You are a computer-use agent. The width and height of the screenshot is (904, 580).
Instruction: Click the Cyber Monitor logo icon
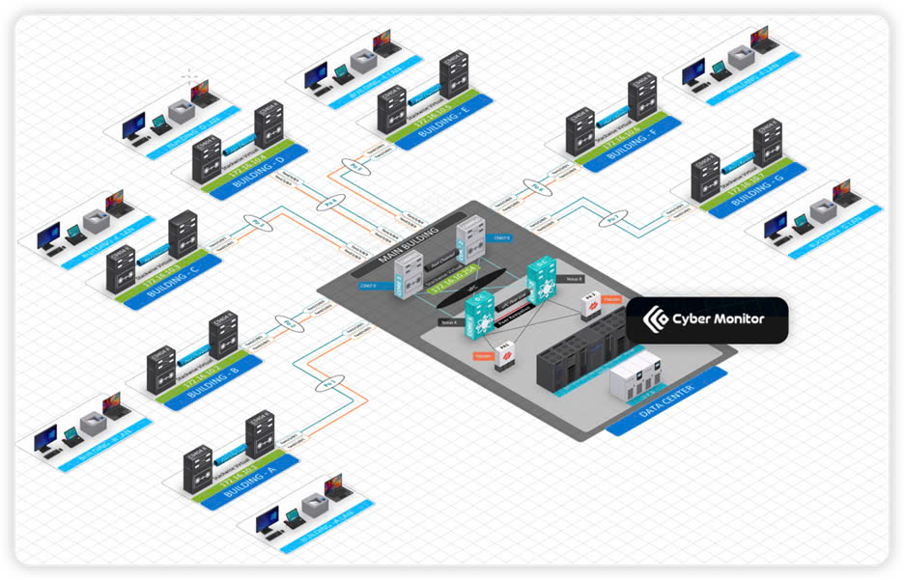(x=657, y=319)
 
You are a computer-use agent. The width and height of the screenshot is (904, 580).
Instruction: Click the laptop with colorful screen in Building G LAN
(x=846, y=191)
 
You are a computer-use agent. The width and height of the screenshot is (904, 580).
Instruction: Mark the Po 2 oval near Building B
(x=285, y=320)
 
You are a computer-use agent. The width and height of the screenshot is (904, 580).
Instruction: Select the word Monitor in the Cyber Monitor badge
(x=731, y=319)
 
